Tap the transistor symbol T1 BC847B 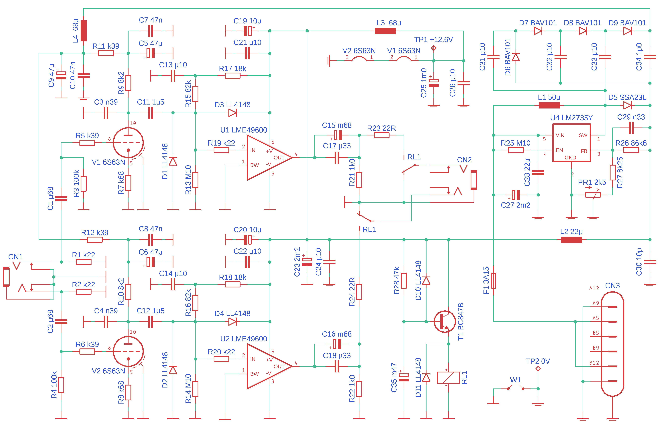coord(445,322)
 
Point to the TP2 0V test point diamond coord(538,369)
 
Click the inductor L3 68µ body coord(385,31)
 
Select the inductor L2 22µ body coord(571,240)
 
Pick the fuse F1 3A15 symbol coord(493,280)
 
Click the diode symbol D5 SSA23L coord(627,105)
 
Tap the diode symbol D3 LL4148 coord(232,113)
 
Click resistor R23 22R coord(381,135)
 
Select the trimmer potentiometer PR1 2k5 coord(593,195)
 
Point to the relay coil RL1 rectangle coord(448,377)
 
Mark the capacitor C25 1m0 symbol coord(434,83)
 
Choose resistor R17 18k coord(232,75)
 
